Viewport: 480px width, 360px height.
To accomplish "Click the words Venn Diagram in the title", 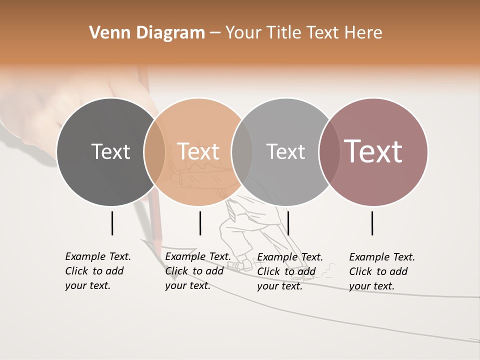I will tap(147, 33).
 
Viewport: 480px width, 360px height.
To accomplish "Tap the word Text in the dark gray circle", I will tap(110, 151).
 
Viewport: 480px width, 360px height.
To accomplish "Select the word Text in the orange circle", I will tap(198, 151).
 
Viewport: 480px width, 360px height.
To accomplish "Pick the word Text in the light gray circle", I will tap(285, 151).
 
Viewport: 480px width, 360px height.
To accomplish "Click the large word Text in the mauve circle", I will tap(373, 151).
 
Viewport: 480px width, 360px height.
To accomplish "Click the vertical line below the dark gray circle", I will tap(112, 223).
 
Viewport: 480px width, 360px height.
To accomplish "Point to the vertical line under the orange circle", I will tap(200, 223).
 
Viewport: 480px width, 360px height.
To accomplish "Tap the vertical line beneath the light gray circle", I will tap(288, 223).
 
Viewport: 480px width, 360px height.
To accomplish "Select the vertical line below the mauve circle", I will tap(372, 223).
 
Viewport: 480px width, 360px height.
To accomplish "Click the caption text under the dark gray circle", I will tap(97, 271).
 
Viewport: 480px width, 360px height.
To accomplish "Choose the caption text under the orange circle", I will tap(197, 271).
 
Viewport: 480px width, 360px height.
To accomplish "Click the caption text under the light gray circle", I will tap(289, 271).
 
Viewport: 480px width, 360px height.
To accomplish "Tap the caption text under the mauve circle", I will tap(381, 271).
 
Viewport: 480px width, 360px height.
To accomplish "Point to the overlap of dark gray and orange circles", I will tap(154, 152).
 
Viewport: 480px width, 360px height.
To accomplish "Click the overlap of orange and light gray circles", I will tap(242, 152).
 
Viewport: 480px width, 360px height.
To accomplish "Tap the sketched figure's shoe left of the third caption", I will tap(245, 265).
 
